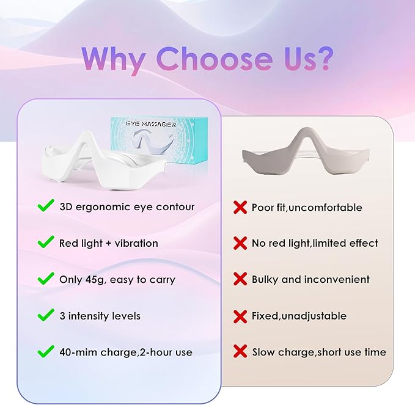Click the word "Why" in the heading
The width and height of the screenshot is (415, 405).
point(115,59)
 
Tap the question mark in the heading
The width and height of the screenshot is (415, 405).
point(323,59)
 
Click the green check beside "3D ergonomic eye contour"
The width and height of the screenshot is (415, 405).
point(46,206)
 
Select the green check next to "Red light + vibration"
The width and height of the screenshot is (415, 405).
point(46,243)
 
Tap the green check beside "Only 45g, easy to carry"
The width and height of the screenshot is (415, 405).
point(46,279)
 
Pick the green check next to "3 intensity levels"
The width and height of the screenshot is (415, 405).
point(46,315)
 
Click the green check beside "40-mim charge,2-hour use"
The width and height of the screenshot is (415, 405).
point(46,352)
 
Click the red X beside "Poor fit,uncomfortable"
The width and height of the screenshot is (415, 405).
point(240,208)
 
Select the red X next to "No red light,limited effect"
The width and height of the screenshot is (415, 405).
point(240,243)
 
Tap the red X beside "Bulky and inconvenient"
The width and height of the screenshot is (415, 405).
point(240,279)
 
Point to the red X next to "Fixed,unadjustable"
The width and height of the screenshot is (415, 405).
point(240,316)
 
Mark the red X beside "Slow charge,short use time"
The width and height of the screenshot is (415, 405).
point(240,352)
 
